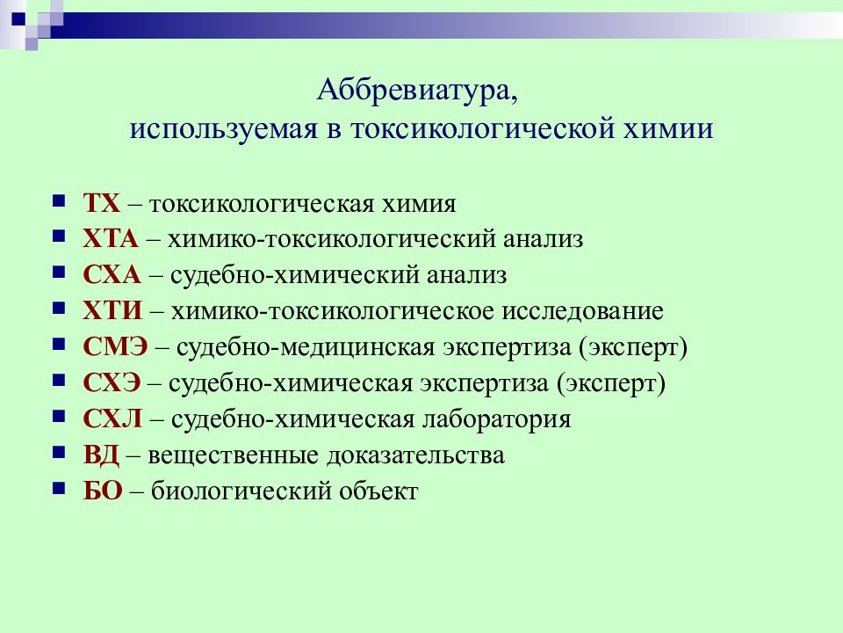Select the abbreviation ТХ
point(100,203)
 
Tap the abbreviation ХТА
point(110,239)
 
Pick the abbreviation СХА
point(112,275)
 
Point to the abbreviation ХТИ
point(112,311)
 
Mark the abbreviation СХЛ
point(112,419)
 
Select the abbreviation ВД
point(103,455)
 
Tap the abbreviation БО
point(102,491)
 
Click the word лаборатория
point(495,419)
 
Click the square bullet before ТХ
point(59,201)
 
